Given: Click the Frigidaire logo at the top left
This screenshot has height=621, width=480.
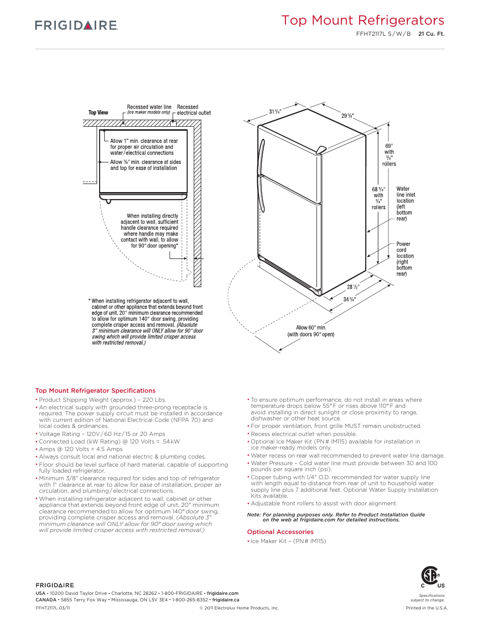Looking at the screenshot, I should click(76, 25).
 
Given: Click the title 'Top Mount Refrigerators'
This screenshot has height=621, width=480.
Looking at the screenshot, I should click(362, 21).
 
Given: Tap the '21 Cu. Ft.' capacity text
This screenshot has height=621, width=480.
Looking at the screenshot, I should click(431, 34).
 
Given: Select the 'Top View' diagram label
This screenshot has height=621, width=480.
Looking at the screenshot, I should click(98, 113).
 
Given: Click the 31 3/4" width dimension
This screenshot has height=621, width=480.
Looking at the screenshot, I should click(275, 112).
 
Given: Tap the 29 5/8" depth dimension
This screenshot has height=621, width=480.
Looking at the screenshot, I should click(347, 116).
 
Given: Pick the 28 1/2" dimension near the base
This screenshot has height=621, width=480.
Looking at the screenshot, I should click(353, 287).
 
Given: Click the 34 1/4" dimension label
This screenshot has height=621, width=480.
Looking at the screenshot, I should click(349, 299).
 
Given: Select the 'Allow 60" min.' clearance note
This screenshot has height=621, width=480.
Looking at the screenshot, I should click(311, 331).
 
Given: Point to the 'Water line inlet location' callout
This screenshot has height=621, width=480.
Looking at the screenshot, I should click(405, 204).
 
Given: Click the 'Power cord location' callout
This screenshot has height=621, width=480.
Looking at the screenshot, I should click(405, 258).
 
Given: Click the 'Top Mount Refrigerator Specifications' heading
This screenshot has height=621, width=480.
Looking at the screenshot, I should click(95, 391).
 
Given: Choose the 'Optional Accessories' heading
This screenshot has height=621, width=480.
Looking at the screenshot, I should click(280, 532).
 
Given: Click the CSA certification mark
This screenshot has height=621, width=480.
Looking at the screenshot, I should click(431, 576).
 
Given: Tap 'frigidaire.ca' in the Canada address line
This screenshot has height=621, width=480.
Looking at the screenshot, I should click(225, 600).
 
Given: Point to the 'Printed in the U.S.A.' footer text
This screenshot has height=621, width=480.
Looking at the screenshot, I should click(426, 608).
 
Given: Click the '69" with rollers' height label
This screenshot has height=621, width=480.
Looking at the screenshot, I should click(389, 155).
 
